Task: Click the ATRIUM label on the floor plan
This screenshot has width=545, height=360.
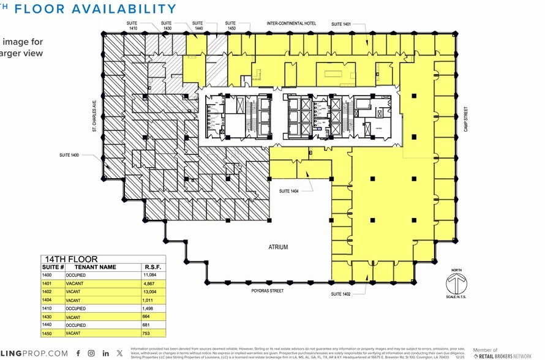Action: (x=277, y=247)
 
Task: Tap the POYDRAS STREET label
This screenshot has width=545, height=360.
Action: (x=268, y=291)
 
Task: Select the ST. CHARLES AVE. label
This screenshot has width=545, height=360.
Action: (x=95, y=116)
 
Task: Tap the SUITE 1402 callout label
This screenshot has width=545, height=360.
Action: (x=345, y=294)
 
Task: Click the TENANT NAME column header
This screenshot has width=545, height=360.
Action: (x=95, y=268)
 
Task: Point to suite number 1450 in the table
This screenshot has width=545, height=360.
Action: (x=47, y=334)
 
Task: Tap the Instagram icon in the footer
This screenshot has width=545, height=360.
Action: (x=91, y=353)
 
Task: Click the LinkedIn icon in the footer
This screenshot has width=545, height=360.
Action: (x=106, y=353)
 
